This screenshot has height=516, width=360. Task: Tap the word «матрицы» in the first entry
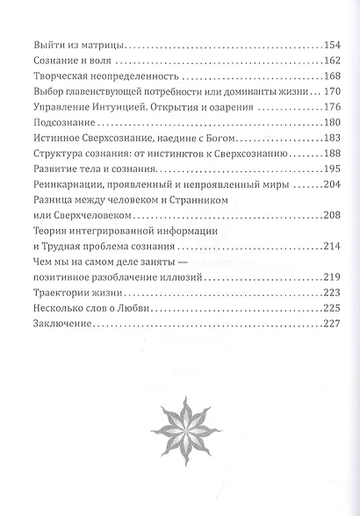coord(102,44)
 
